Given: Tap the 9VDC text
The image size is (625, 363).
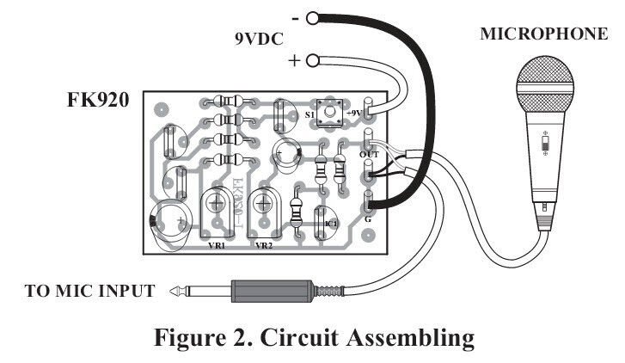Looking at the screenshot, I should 259,39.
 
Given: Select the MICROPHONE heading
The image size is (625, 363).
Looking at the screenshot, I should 542,34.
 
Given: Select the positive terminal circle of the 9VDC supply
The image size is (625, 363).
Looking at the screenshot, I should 312,60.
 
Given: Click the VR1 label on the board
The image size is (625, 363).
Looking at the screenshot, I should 217,245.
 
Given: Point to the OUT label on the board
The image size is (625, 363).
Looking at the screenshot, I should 369,154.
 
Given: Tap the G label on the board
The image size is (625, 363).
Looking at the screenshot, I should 367,220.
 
